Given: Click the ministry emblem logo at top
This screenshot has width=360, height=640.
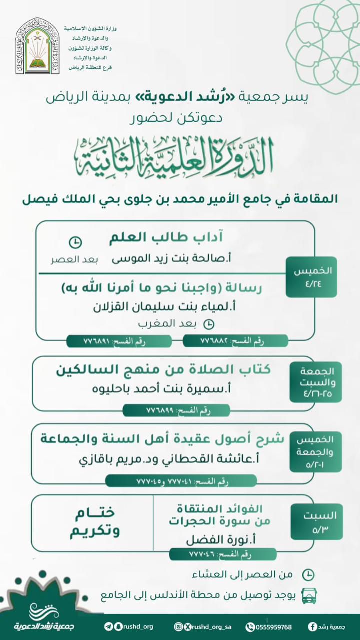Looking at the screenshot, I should (x=37, y=46).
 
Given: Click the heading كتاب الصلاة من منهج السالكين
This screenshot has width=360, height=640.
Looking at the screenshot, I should (x=162, y=370).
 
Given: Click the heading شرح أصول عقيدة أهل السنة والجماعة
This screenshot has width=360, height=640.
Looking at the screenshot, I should (x=162, y=439).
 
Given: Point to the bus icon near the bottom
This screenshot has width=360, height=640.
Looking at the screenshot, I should (x=309, y=595).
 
